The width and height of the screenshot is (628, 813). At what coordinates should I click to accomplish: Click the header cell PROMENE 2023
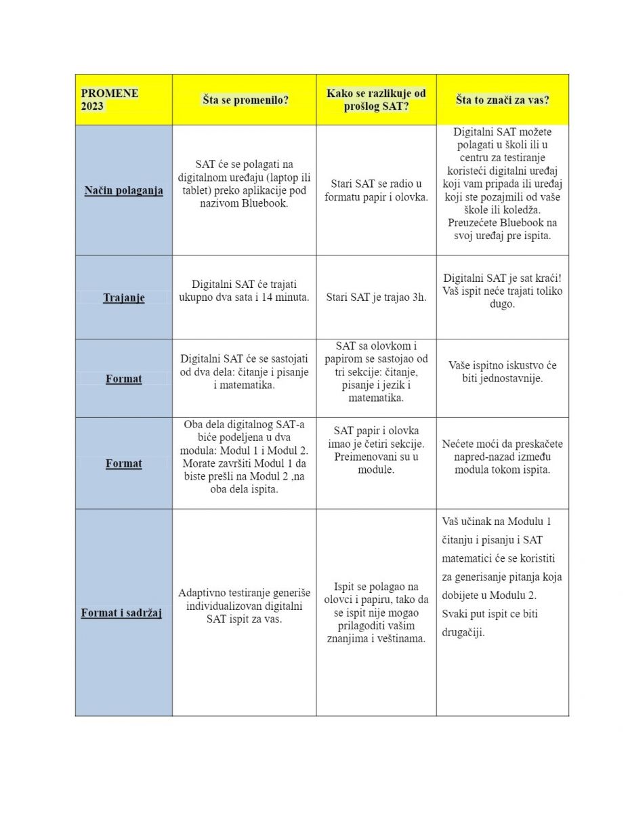coord(109,100)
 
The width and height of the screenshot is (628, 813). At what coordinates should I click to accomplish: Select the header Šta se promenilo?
coord(245,100)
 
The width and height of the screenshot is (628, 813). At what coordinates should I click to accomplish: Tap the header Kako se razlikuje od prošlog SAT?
coord(376,100)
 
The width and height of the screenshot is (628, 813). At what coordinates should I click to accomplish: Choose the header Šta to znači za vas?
coord(502,100)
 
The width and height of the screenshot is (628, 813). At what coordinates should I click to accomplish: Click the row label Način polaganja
coord(123,190)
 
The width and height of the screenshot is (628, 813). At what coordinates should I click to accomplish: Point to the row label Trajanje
coord(123,297)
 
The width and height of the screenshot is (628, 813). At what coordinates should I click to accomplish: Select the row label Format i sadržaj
coord(121,613)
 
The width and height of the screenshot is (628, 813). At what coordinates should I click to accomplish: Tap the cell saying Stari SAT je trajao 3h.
coord(376,297)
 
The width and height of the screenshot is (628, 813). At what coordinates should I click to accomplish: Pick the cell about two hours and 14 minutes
coord(244,291)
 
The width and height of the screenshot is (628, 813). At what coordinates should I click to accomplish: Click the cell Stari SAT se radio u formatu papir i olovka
coord(376,190)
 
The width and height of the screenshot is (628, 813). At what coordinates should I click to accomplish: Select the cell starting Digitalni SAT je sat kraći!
coord(503,291)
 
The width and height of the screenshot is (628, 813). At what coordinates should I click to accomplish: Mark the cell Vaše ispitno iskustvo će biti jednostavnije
coord(503,372)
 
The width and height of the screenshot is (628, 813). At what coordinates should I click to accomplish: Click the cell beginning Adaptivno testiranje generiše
coord(244,606)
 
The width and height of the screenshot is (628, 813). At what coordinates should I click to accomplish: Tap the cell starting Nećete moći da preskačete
coord(503,457)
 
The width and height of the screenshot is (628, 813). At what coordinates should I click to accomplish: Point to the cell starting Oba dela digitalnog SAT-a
coord(244,457)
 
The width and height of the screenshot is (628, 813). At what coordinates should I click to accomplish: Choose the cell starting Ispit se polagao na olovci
coord(376,612)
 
